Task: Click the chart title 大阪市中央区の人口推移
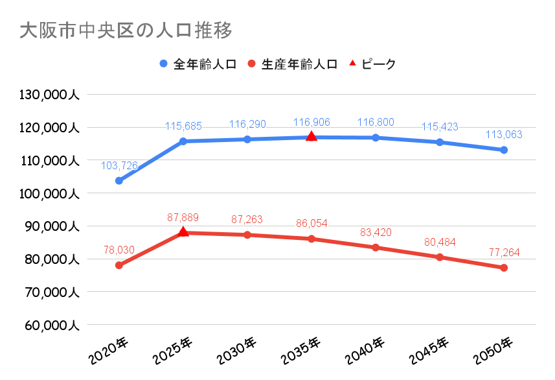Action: (x=126, y=30)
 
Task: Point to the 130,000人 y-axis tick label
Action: (x=49, y=95)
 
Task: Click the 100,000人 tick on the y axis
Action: (x=49, y=193)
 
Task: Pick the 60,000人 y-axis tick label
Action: (x=49, y=325)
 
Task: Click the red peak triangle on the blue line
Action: (x=311, y=136)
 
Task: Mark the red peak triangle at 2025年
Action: (x=183, y=232)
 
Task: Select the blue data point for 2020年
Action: (x=119, y=181)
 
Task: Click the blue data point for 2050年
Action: (x=504, y=150)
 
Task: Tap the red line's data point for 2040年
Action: (x=376, y=247)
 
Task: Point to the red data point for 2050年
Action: (x=504, y=268)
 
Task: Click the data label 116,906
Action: (x=311, y=122)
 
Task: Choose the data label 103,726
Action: (x=119, y=166)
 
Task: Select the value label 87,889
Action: (x=183, y=217)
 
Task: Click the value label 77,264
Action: (x=504, y=253)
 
